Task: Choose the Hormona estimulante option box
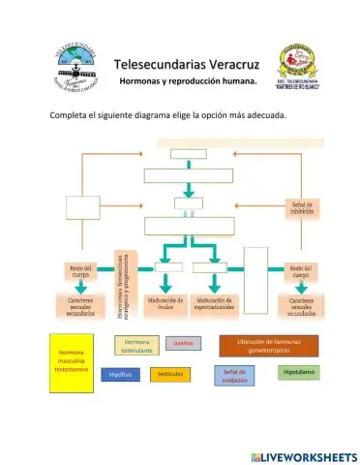click(x=137, y=345)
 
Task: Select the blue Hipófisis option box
click(x=121, y=374)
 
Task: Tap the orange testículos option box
click(x=169, y=374)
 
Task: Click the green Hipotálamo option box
click(x=297, y=372)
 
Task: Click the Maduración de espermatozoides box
click(x=218, y=305)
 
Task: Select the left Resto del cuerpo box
click(x=80, y=271)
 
